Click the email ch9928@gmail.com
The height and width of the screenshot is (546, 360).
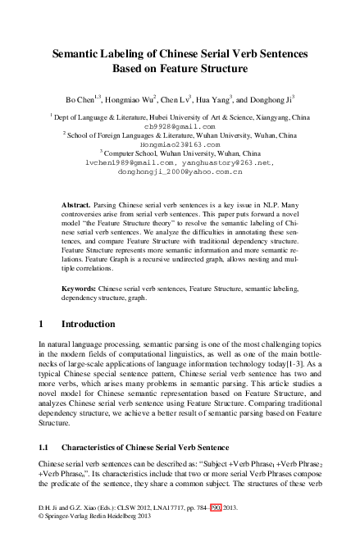pos(180,127)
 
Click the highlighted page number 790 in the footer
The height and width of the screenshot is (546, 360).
pos(216,530)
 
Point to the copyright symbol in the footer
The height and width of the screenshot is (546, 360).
pos(42,539)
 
